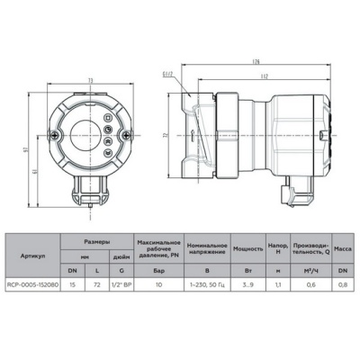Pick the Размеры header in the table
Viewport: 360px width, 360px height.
tap(98, 241)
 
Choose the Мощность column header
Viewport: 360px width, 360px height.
tap(247, 247)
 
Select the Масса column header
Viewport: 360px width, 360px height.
tap(343, 247)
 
